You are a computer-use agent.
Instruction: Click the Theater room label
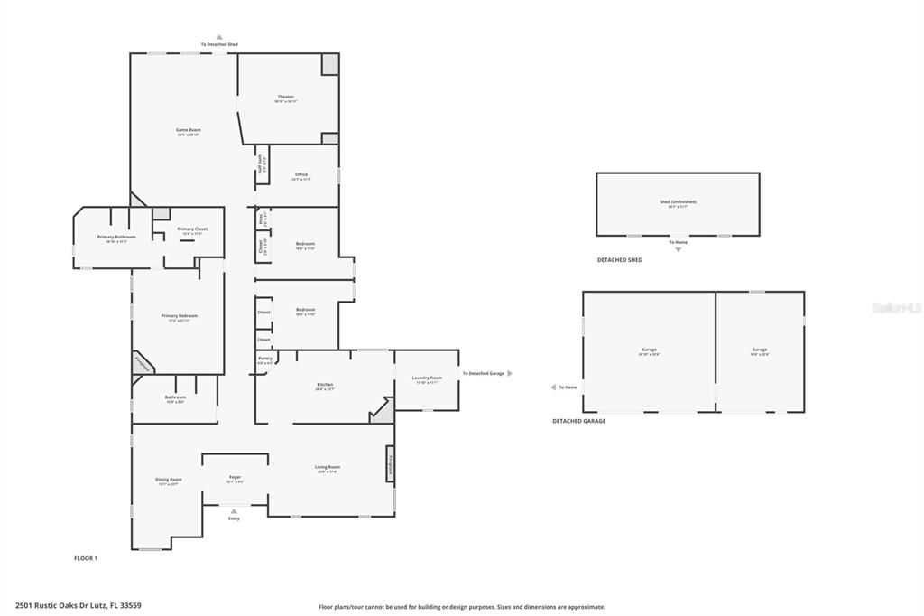coord(285,97)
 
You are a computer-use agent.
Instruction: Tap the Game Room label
coord(188,130)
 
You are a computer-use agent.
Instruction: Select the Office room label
coord(301,174)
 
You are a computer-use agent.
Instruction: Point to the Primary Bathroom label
coord(116,237)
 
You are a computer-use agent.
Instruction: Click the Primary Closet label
coord(192,229)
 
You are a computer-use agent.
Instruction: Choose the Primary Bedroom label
coord(179,316)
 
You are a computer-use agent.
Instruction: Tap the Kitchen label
coord(325,385)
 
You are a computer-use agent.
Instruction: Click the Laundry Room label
coord(427,378)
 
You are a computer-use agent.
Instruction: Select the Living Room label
coord(327,467)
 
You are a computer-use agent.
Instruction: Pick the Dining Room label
coord(169,480)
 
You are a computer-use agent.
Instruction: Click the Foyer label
coord(235,477)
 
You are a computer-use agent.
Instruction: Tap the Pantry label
coord(265,359)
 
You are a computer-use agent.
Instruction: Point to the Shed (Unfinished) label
coord(678,201)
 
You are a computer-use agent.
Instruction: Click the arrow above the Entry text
coord(234,511)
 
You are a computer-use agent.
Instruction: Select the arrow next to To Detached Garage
coord(510,373)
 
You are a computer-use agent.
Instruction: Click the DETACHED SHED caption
coord(619,260)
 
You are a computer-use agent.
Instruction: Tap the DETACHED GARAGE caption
coord(578,421)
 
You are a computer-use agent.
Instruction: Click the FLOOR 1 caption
coord(86,558)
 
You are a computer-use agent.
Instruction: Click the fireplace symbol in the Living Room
coord(391,464)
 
